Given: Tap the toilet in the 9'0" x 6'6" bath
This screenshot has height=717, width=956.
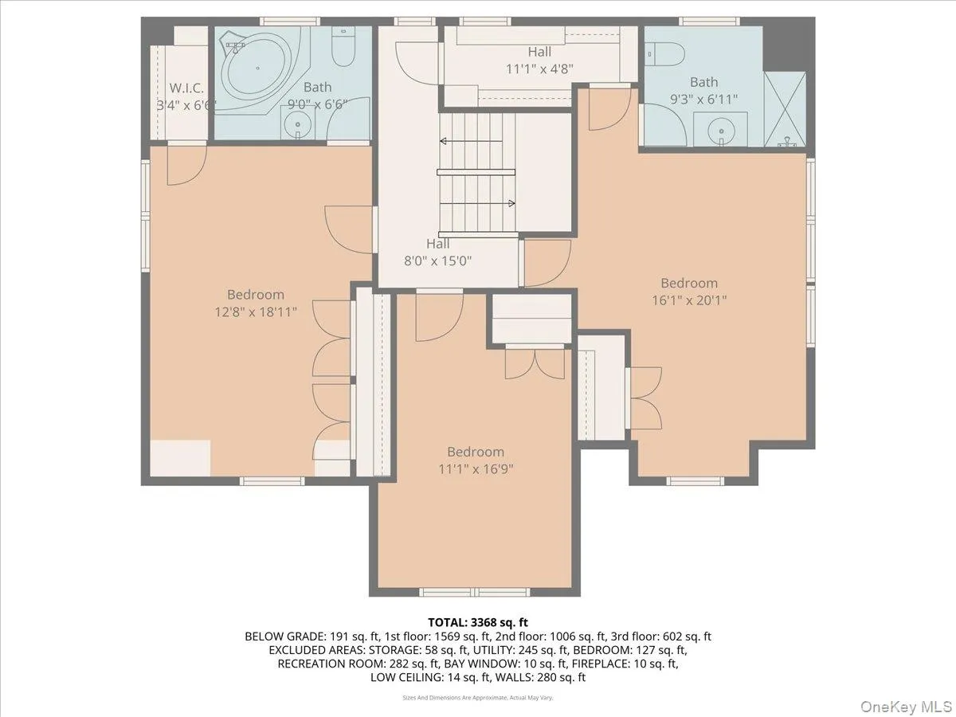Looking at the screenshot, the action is pyautogui.click(x=343, y=45).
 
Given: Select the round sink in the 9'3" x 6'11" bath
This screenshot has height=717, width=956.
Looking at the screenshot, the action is pyautogui.click(x=721, y=130).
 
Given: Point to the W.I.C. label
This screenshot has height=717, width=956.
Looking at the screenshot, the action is pyautogui.click(x=186, y=88).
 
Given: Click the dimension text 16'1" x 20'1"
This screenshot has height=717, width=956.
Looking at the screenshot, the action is pyautogui.click(x=689, y=300).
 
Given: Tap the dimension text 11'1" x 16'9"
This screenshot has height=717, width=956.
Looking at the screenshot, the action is pyautogui.click(x=476, y=469).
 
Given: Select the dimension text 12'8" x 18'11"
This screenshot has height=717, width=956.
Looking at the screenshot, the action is pyautogui.click(x=256, y=311).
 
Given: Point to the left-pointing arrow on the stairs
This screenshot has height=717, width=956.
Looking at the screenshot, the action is pyautogui.click(x=472, y=141).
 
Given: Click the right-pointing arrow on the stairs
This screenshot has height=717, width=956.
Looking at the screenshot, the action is pyautogui.click(x=477, y=203).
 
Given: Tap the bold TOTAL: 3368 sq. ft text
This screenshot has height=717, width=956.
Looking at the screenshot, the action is pyautogui.click(x=478, y=622).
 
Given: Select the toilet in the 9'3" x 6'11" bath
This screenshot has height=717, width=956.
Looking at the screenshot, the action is pyautogui.click(x=664, y=54).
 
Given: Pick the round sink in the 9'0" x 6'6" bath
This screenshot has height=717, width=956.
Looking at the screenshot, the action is pyautogui.click(x=297, y=123).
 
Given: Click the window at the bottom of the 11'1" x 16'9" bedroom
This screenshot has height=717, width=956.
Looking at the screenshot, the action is pyautogui.click(x=475, y=592).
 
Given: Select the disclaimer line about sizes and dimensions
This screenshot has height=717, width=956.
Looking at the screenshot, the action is pyautogui.click(x=478, y=698).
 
